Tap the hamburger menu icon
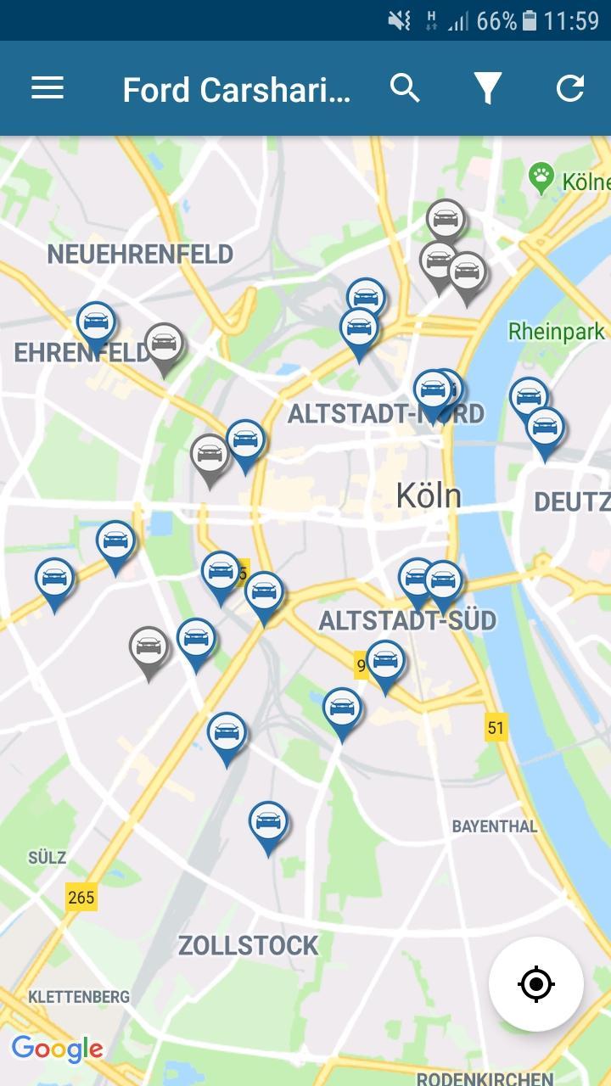48,88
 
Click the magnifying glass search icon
405,88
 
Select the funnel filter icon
487,88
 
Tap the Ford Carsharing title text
236,90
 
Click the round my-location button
536,984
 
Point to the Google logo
57,1049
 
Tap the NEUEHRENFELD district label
140,254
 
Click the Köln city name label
429,495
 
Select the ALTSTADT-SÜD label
407,620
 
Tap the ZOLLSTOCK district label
248,945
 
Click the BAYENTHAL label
495,826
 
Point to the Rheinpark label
557,331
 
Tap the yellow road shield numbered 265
81,897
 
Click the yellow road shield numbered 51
496,727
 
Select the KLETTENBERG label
79,996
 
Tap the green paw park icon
541,178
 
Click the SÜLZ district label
47,857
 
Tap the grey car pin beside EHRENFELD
164,344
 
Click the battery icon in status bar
530,20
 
